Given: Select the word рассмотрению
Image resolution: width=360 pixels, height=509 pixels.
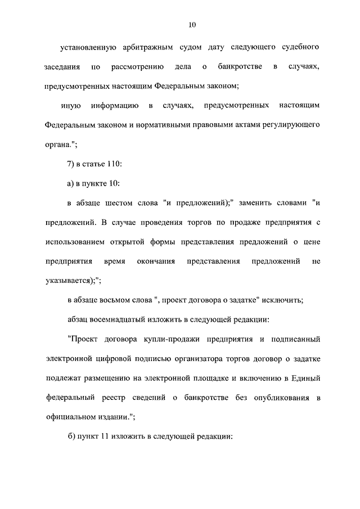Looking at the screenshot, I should pos(138,67).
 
